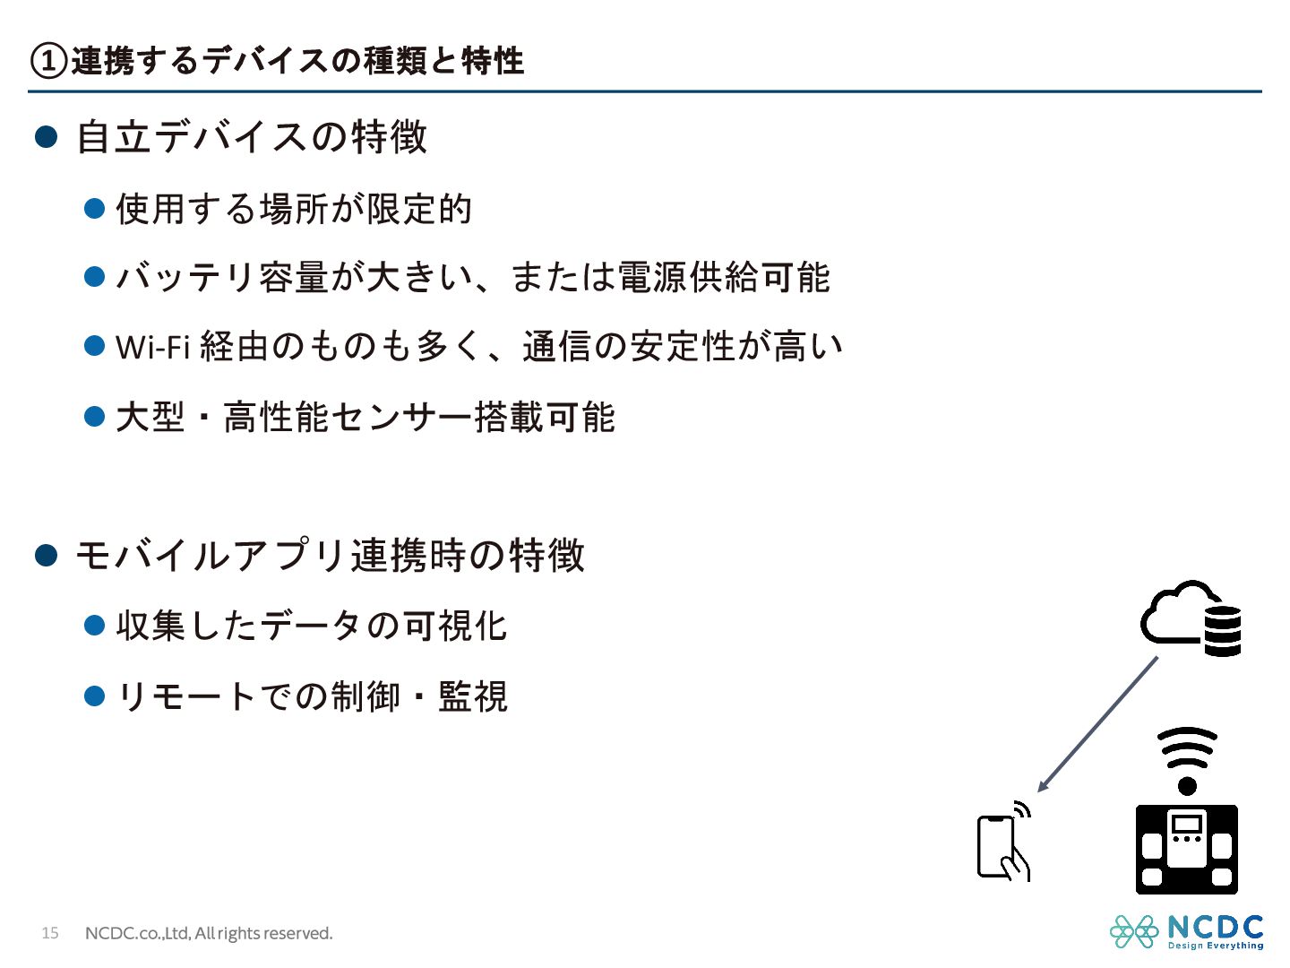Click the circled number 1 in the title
click(x=49, y=61)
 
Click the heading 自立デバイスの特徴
click(x=252, y=137)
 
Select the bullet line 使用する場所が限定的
click(x=293, y=209)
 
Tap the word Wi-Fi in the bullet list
click(x=152, y=347)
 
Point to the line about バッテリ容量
click(x=472, y=278)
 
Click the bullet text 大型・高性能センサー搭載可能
click(x=365, y=417)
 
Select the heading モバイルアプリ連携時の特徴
click(x=330, y=556)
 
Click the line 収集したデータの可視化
click(x=311, y=626)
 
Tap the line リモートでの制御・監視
click(x=311, y=696)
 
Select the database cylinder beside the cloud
click(x=1222, y=631)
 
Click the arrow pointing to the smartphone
click(x=1096, y=724)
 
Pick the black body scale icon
click(x=1186, y=849)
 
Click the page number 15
click(x=50, y=933)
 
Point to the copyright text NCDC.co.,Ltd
click(x=208, y=933)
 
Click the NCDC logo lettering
click(x=1215, y=927)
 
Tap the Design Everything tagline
click(x=1215, y=946)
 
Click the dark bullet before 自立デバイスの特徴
click(x=46, y=137)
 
